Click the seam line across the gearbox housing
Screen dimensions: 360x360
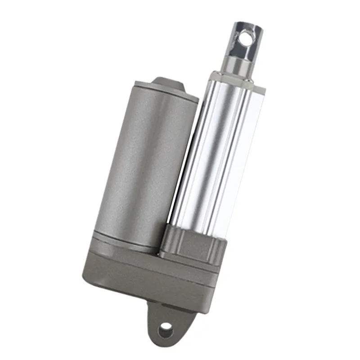click(x=148, y=270)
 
